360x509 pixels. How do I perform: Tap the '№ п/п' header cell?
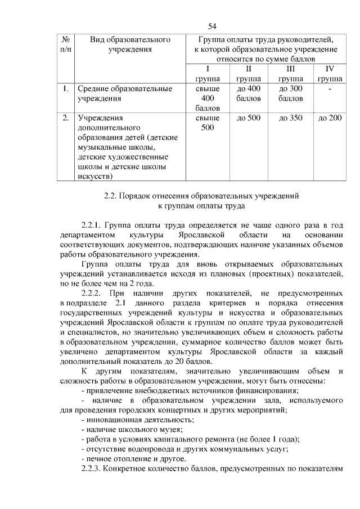[65, 44]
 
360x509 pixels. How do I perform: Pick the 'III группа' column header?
[291, 74]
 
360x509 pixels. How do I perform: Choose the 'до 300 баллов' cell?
[291, 94]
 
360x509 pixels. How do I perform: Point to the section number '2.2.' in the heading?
[111, 196]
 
